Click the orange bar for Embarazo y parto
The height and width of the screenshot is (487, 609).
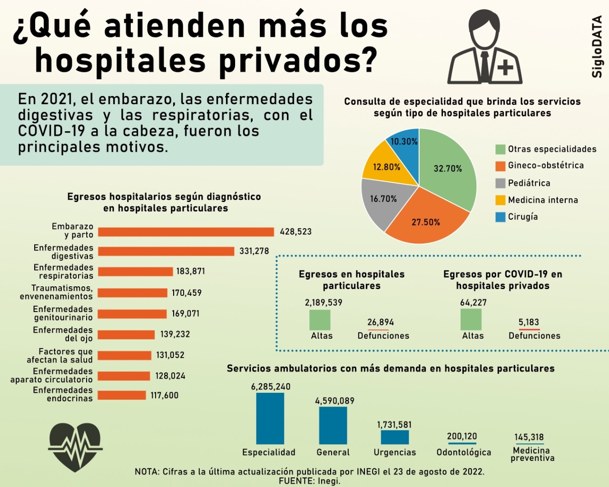pyautogui.click(x=186, y=232)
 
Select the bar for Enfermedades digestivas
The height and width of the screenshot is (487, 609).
pyautogui.click(x=166, y=251)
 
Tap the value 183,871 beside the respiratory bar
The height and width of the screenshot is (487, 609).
pyautogui.click(x=190, y=271)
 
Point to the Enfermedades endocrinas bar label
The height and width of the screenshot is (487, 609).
pyautogui.click(x=63, y=395)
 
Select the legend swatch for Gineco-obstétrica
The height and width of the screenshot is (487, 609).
pyautogui.click(x=500, y=166)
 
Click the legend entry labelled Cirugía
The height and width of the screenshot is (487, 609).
pyautogui.click(x=522, y=217)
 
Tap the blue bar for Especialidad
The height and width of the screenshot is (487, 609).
pyautogui.click(x=270, y=419)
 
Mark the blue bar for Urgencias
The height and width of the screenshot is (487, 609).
pyautogui.click(x=394, y=437)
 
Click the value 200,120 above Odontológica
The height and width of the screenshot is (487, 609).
pyautogui.click(x=462, y=436)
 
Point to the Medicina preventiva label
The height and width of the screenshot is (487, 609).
pyautogui.click(x=532, y=454)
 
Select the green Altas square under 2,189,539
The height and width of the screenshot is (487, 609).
pyautogui.click(x=320, y=320)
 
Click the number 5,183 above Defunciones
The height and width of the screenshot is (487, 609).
pyautogui.click(x=529, y=322)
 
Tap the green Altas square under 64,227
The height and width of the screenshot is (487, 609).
pyautogui.click(x=471, y=320)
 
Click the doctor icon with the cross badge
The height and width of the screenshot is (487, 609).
pyautogui.click(x=485, y=48)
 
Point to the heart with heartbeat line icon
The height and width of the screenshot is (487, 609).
pyautogui.click(x=75, y=447)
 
